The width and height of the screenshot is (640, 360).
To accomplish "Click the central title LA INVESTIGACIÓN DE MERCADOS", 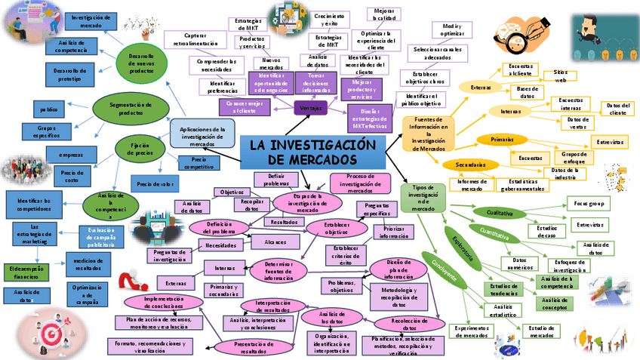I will [x=312, y=152].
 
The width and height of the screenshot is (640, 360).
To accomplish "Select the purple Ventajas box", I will [x=310, y=109].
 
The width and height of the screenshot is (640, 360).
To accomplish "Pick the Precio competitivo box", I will [x=198, y=162].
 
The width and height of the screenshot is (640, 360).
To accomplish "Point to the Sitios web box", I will [x=560, y=75].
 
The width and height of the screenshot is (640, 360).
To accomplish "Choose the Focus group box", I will [x=588, y=204].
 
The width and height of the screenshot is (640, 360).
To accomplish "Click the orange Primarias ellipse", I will [x=502, y=140].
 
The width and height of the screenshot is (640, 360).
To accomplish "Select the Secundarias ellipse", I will [x=470, y=165].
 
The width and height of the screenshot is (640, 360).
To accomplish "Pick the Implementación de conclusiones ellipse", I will [x=164, y=303].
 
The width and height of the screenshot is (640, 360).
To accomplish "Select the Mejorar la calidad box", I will [x=383, y=14].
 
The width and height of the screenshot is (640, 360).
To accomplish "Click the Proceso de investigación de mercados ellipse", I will [x=359, y=183].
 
